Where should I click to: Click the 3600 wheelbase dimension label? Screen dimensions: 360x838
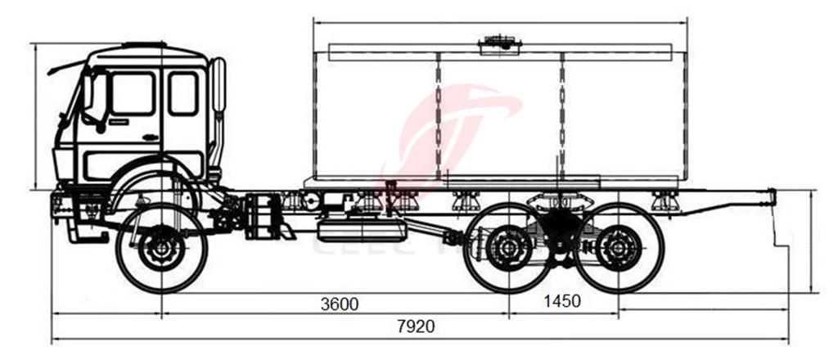[339, 304]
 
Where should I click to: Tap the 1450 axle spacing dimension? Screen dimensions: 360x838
[561, 301]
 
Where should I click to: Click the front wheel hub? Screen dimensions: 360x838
[161, 248]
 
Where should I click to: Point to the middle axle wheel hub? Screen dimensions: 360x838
[507, 248]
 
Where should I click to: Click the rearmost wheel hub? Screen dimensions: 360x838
[619, 248]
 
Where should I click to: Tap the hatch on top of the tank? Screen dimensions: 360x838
[500, 43]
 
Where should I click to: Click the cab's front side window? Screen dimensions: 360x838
[133, 93]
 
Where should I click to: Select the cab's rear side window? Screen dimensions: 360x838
[182, 93]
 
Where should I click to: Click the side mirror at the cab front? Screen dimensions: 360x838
[88, 92]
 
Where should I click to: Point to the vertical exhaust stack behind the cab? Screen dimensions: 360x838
[218, 86]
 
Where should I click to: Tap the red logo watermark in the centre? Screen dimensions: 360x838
[458, 131]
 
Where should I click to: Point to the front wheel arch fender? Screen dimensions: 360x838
[155, 184]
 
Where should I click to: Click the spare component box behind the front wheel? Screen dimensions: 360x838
[262, 217]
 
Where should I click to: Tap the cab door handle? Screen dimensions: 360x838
[150, 137]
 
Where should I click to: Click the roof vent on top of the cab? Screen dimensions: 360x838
[145, 44]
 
